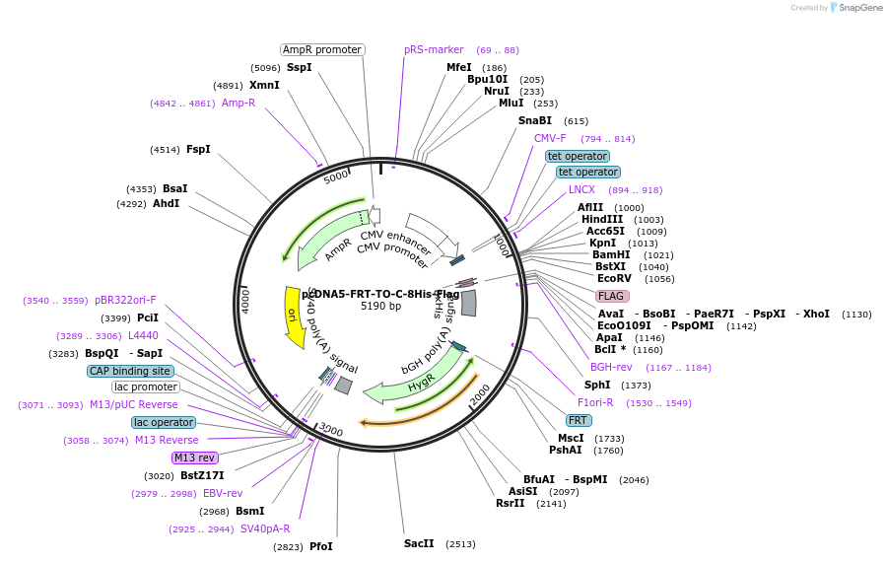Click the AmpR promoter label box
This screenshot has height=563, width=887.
click(322, 49)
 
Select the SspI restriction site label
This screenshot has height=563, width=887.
click(299, 68)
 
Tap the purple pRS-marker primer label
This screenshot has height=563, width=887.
click(434, 49)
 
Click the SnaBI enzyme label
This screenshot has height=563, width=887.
click(535, 120)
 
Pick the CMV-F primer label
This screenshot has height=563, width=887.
click(550, 138)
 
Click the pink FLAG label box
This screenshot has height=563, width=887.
click(612, 296)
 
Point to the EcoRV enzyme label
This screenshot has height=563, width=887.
click(616, 278)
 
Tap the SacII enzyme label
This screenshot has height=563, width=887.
click(419, 543)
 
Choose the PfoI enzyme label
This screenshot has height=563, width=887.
click(321, 546)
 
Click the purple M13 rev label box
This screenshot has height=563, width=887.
click(194, 457)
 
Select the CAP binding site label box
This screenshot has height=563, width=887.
click(130, 371)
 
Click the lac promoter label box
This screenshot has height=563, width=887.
click(145, 387)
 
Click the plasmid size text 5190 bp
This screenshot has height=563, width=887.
click(380, 306)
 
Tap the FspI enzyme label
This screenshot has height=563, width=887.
click(198, 150)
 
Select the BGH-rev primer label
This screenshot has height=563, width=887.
click(611, 367)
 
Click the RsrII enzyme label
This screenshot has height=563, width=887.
click(511, 503)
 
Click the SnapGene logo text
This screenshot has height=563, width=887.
click(856, 8)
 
